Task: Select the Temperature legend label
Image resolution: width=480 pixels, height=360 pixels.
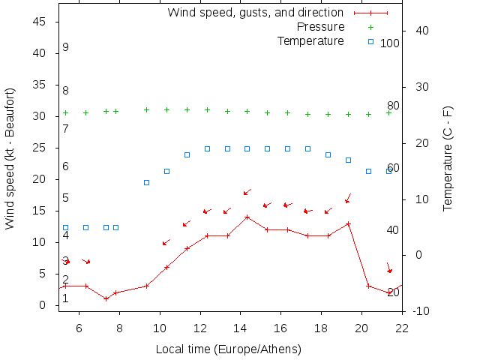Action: coord(310,40)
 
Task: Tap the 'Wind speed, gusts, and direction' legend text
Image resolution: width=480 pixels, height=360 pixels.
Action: coord(255,13)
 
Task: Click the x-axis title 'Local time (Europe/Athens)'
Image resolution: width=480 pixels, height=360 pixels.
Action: coord(228,349)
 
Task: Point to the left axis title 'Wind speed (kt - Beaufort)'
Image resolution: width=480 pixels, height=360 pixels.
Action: coord(10,158)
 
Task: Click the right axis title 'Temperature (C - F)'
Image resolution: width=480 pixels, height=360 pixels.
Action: coord(447,158)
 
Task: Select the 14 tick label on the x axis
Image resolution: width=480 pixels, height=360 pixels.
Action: coord(239,327)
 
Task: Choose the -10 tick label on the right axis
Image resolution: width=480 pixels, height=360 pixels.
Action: coord(418,311)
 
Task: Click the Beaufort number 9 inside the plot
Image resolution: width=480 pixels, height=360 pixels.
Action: coord(66,47)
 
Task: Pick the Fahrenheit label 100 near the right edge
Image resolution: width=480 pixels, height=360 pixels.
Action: coord(390,43)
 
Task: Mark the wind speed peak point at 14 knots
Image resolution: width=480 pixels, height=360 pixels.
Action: coord(247,217)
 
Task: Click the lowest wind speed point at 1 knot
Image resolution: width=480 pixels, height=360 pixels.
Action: coord(106,298)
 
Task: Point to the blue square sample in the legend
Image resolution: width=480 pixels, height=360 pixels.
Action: coord(370,40)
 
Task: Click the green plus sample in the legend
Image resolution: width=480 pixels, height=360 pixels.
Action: coord(370,27)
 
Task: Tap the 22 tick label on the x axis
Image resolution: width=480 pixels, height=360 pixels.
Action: coord(402,327)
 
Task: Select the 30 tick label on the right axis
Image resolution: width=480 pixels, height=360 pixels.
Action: coord(418,87)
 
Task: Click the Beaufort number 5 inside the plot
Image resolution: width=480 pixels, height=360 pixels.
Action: coord(66,198)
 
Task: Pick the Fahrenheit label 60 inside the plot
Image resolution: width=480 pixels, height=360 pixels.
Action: coord(393,167)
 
